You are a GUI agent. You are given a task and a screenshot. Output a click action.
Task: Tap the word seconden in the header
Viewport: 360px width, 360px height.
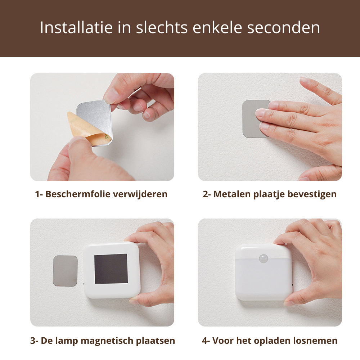tap(284, 28)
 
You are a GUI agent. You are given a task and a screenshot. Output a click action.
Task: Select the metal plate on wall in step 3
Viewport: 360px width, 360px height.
tap(65, 271)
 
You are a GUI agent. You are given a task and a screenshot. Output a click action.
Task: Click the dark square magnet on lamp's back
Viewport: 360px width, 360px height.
tap(111, 269)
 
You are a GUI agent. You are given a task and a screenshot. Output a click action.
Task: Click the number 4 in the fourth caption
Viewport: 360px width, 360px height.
tap(204, 341)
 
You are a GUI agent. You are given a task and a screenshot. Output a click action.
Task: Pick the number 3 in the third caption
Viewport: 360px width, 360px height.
tap(32, 341)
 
